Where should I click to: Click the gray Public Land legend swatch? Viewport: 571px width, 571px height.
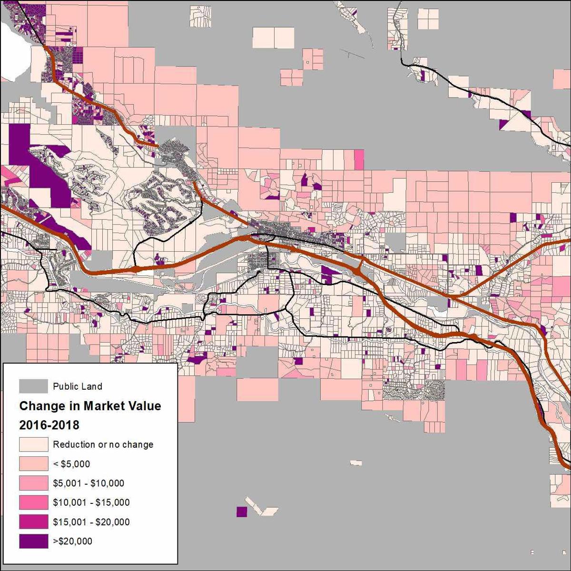33,386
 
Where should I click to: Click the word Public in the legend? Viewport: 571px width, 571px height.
64,386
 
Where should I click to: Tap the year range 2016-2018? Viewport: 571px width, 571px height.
49,425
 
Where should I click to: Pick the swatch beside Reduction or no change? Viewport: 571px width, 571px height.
33,444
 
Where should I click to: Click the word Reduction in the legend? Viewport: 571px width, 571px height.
74,444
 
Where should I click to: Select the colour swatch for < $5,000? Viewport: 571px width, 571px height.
33,463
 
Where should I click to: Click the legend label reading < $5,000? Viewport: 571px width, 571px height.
71,464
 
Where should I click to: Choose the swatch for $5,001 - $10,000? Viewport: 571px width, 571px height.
33,483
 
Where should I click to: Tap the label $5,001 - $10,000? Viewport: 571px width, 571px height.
89,483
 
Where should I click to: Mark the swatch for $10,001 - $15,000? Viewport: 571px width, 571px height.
33,502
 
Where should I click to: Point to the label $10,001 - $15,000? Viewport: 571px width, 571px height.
91,502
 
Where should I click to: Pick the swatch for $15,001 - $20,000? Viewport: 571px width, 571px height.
33,522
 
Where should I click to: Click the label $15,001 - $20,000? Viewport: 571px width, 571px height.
91,522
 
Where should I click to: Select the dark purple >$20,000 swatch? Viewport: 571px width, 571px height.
33,541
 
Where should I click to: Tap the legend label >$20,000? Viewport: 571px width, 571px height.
72,541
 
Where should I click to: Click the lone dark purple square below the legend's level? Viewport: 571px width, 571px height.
242,512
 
